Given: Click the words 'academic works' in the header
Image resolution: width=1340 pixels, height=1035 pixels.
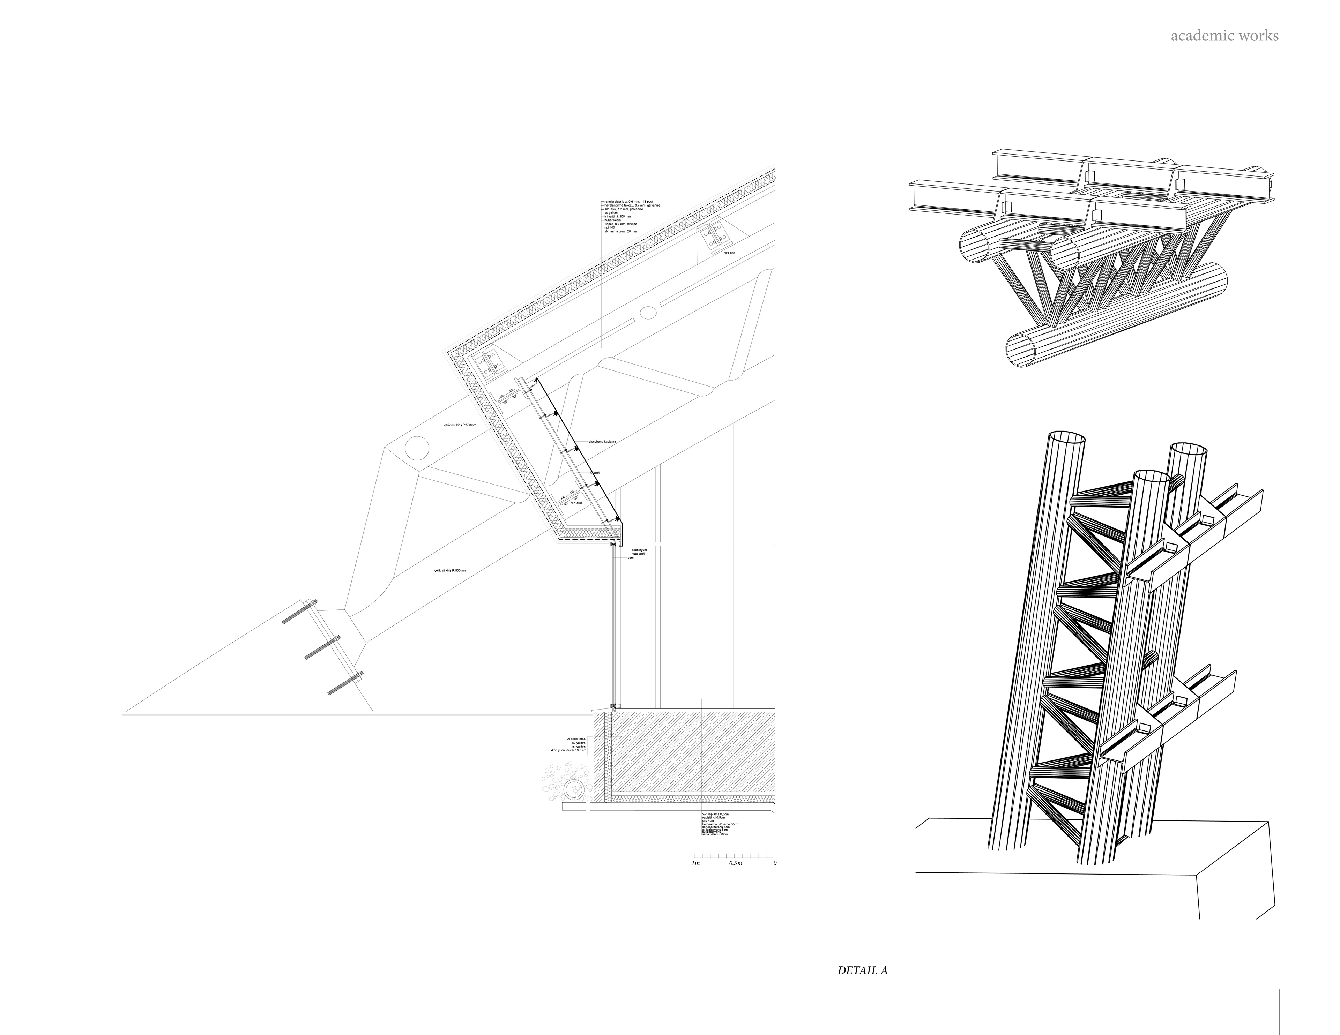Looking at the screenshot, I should click(x=1224, y=36).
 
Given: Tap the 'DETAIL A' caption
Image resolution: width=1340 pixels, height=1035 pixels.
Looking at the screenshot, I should click(x=863, y=970).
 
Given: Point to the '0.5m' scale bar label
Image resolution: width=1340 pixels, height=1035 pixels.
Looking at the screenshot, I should click(x=736, y=863).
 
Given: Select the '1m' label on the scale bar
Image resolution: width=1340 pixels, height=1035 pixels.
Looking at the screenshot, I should click(x=696, y=863).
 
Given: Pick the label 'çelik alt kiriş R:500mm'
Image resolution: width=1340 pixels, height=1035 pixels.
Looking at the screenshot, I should click(x=450, y=571).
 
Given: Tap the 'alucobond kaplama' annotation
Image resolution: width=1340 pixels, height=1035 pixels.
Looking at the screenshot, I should click(x=602, y=441).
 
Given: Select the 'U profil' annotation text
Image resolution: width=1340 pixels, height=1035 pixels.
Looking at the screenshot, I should click(x=595, y=473).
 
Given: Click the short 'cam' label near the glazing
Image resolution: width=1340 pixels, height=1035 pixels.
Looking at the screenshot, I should click(x=630, y=558).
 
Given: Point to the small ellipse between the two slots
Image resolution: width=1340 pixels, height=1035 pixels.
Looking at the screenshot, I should click(x=647, y=313).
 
